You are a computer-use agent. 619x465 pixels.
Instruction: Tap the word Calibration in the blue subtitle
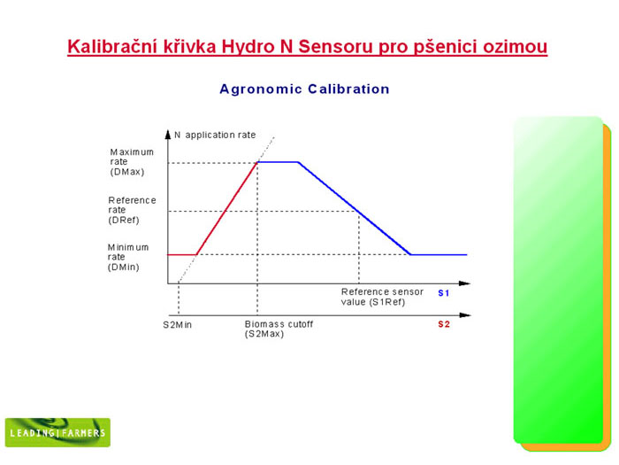click(x=348, y=89)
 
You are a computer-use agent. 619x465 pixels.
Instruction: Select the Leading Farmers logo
click(x=57, y=432)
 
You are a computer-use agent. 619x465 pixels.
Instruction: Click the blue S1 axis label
click(x=444, y=293)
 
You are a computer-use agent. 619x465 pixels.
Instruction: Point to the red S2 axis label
click(x=444, y=324)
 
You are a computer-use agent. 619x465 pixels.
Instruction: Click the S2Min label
click(x=177, y=325)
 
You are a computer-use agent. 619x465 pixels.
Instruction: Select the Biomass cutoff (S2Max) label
click(x=279, y=329)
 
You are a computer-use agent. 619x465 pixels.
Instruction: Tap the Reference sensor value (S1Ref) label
click(x=382, y=297)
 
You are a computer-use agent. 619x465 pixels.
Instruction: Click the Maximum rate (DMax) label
click(x=132, y=162)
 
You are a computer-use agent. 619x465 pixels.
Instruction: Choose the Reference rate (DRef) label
click(x=132, y=210)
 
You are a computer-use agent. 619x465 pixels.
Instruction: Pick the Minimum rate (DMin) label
click(x=128, y=257)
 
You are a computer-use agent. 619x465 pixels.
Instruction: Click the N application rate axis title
click(x=215, y=135)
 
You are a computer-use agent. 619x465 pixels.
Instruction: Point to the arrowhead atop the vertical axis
click(x=168, y=134)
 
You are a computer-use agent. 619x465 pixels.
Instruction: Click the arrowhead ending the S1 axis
click(x=464, y=283)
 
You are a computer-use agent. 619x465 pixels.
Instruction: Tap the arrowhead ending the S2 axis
click(x=465, y=315)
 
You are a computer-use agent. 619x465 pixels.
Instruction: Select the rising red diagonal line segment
click(x=227, y=208)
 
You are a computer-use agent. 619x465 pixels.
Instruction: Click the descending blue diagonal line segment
click(x=355, y=208)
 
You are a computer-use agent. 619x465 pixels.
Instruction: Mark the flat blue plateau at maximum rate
click(x=278, y=162)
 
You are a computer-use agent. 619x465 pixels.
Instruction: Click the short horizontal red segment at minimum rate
click(x=182, y=255)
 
